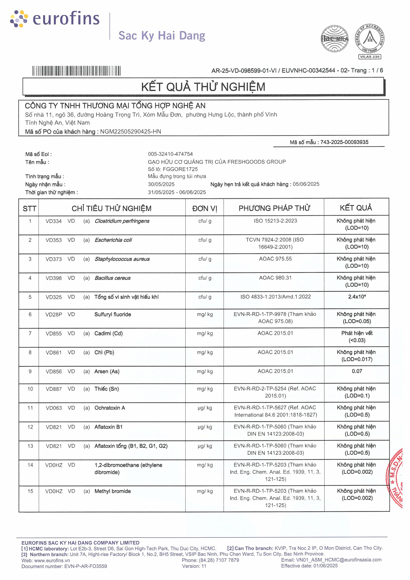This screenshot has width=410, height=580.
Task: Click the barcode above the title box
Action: pyautogui.click(x=76, y=71)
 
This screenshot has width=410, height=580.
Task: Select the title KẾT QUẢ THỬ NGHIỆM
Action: pyautogui.click(x=203, y=87)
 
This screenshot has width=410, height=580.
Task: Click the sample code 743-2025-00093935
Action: pyautogui.click(x=344, y=142)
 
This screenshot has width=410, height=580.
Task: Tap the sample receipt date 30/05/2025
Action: pyautogui.click(x=161, y=184)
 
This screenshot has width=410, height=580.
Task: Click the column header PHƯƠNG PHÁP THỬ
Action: pyautogui.click(x=274, y=208)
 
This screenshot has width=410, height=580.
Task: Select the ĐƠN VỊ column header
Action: pyautogui.click(x=204, y=208)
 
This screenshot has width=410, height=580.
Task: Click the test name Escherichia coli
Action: pyautogui.click(x=113, y=240)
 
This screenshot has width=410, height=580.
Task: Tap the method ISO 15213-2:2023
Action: pyautogui.click(x=275, y=221)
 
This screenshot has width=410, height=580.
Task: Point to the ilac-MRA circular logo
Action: pyautogui.click(x=335, y=39)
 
